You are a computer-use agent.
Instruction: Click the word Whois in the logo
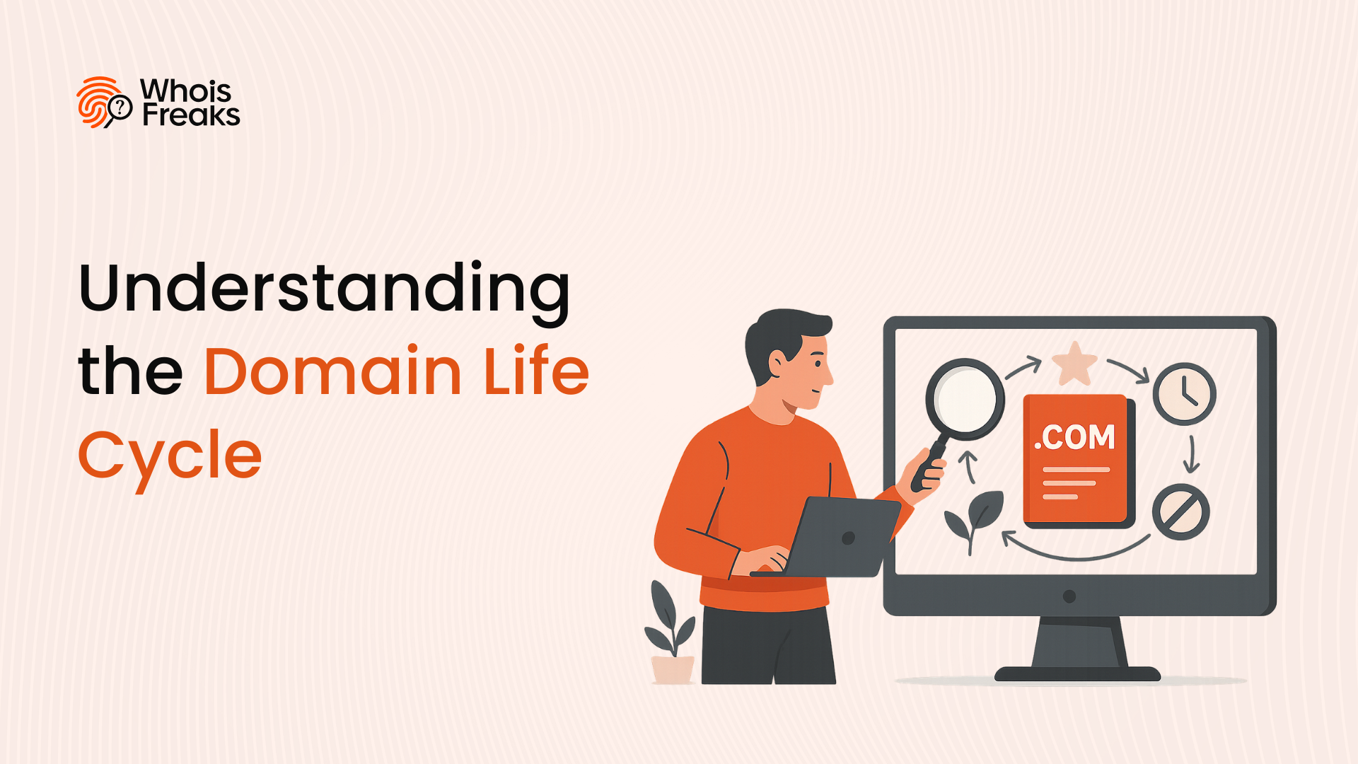coord(185,91)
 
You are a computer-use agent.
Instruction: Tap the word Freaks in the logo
coord(191,115)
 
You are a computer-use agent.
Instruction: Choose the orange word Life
coord(536,369)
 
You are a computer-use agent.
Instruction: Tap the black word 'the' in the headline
coord(131,371)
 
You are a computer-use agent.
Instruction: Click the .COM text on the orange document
coord(1074,437)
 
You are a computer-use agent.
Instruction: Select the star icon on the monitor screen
coord(1074,363)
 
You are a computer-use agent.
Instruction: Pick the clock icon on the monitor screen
coord(1185,394)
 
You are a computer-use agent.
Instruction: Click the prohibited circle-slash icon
coord(1180,512)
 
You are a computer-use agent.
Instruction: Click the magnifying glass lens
coord(965,399)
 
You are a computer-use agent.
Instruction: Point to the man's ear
coord(777,364)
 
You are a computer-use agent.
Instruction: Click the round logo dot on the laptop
coord(849,538)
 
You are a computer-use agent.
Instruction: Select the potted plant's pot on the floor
coord(673,669)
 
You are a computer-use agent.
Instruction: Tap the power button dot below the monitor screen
coord(1069,596)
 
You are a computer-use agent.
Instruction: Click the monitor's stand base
coord(1077,673)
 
